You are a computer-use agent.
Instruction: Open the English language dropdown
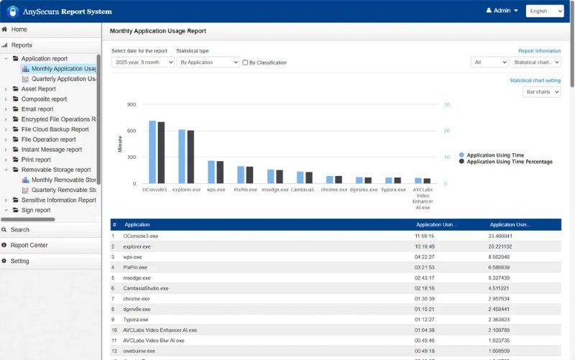544,11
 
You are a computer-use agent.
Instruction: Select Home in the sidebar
19,29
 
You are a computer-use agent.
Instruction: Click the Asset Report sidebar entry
38,89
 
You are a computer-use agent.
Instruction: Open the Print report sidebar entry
36,160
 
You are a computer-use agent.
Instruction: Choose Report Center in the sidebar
29,245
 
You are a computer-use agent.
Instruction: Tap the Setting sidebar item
19,261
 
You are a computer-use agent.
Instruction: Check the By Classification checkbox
245,63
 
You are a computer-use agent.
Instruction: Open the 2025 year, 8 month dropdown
142,63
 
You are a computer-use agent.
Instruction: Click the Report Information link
539,51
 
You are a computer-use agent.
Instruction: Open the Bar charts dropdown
541,92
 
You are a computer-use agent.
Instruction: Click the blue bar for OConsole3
152,152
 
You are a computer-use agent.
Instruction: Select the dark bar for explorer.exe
190,157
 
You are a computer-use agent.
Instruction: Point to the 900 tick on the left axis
131,105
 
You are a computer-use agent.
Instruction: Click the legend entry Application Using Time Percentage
510,162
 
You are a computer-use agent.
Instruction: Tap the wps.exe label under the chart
215,190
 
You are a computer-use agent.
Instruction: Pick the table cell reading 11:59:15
425,236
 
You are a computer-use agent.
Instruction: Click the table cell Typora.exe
136,320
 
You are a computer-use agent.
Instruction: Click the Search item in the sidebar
20,230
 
